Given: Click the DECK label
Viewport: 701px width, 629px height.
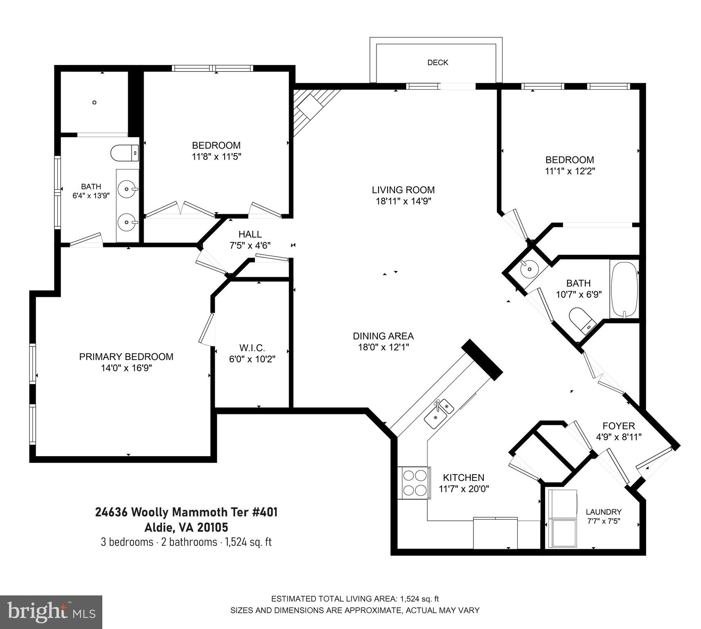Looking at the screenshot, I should pos(437,63).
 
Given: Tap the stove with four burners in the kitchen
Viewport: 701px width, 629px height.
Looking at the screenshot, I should pos(415,482).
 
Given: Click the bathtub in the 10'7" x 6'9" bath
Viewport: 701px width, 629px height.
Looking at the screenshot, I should pos(624,288).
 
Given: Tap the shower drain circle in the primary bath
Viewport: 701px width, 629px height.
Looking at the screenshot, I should pos(95,102).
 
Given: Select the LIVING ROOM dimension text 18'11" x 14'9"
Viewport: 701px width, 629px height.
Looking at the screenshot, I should pos(403,201).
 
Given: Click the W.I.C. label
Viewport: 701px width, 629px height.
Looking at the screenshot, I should pos(252,348).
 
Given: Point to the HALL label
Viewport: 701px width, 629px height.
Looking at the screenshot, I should pos(250,234).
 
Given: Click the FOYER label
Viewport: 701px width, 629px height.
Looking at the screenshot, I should pos(618,426).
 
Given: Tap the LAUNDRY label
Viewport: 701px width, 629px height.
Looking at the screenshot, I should pos(603,512).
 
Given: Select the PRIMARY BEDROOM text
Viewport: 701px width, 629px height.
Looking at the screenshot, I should pos(126,357).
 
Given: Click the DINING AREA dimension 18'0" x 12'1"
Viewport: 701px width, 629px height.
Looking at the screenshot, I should pos(383,347).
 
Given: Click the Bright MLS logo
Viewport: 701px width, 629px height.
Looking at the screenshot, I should pos(51,612).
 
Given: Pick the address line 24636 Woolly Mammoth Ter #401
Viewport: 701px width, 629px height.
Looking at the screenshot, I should pos(186,512).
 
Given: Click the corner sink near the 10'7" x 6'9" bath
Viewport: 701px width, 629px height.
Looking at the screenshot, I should pos(527,269).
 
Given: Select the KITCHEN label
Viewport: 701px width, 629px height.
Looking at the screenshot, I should pos(464,477).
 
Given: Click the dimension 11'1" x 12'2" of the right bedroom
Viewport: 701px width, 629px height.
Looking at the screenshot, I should pos(570,171).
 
